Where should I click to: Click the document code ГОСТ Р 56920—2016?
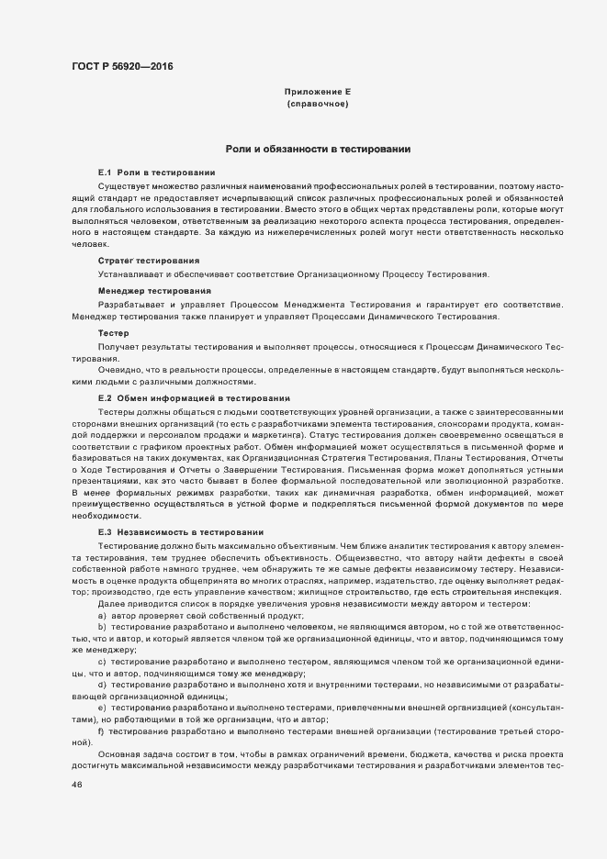click(x=122, y=66)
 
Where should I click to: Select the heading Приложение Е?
click(x=318, y=93)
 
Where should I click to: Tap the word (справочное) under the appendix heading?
click(x=318, y=105)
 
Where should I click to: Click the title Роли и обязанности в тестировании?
click(x=318, y=149)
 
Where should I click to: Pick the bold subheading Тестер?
click(x=113, y=331)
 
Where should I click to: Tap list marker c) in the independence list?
click(x=101, y=661)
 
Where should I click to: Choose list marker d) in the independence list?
click(x=101, y=685)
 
